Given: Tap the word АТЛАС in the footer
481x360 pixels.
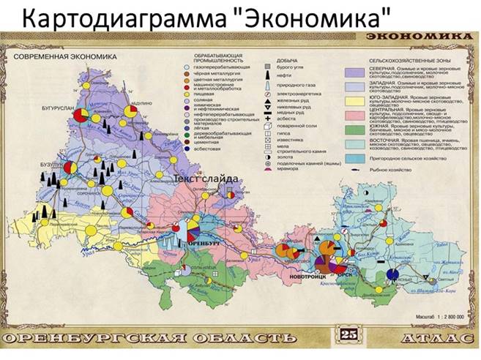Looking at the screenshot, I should pos(434,338).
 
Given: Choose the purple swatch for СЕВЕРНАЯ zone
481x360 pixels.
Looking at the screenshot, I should pos(358,73).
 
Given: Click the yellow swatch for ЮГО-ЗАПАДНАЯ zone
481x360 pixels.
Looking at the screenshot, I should pos(358,105).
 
